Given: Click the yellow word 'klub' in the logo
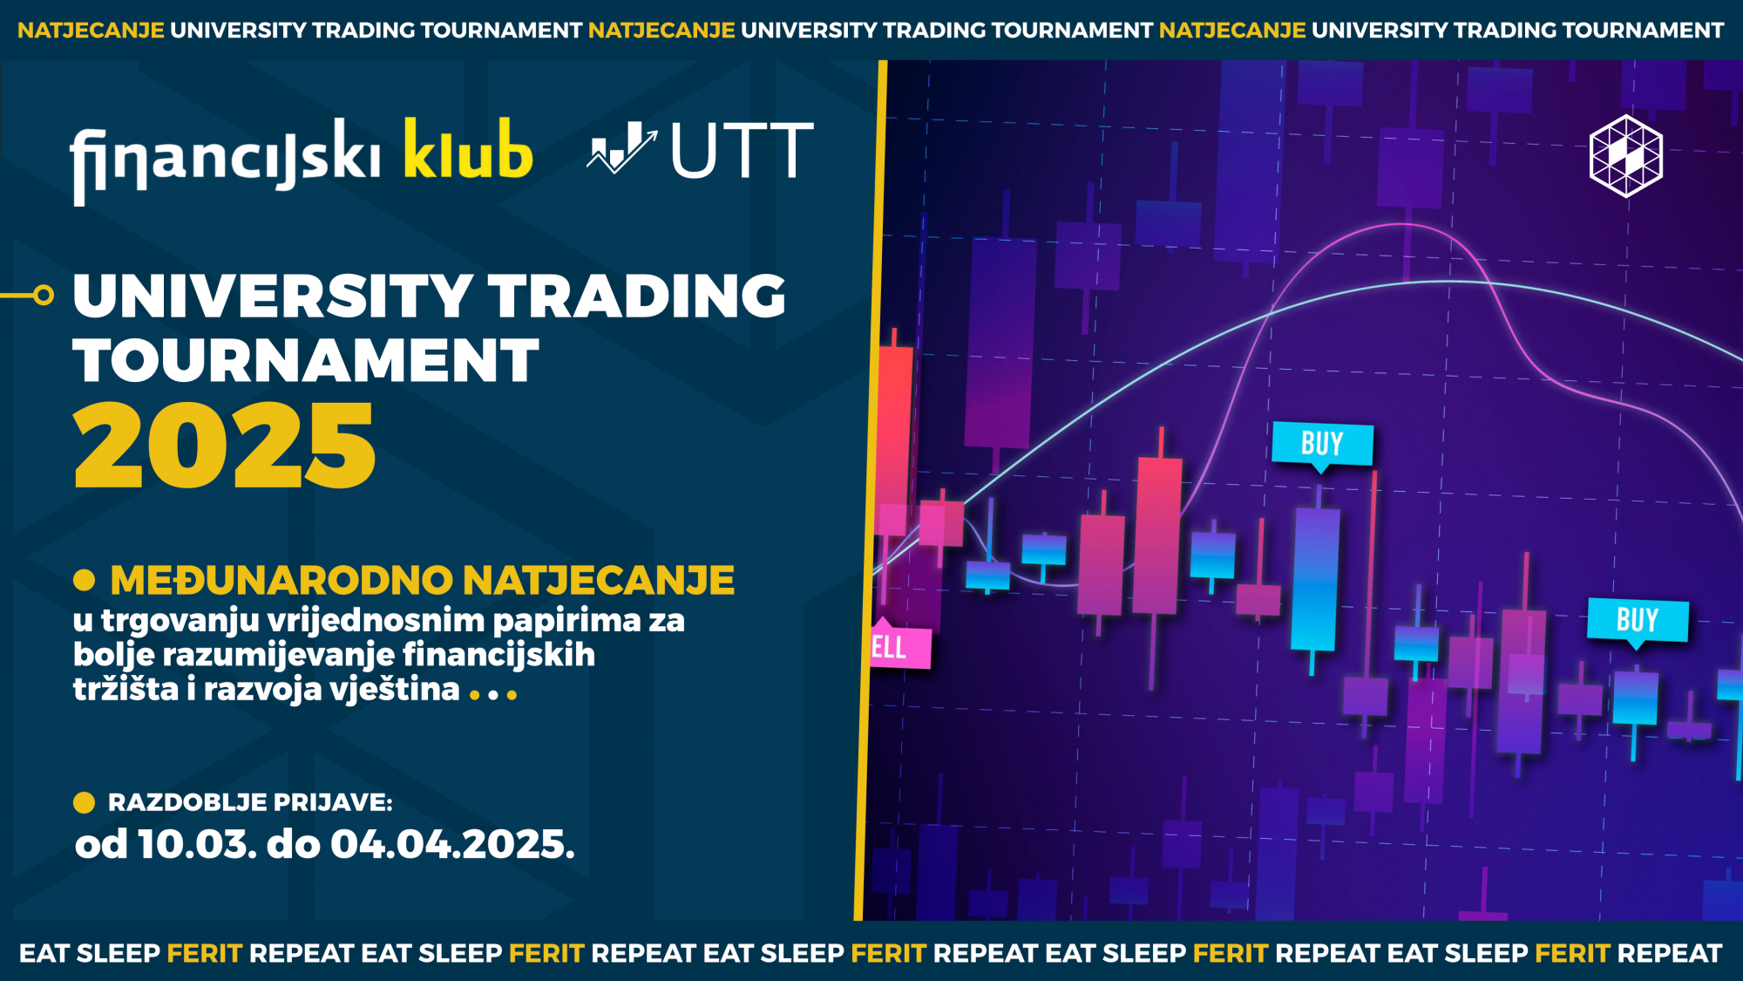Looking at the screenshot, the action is tap(468, 150).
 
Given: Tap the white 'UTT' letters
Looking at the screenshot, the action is tap(742, 151).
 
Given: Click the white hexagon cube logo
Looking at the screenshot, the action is tap(1626, 156).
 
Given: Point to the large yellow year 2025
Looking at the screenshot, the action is tap(224, 446).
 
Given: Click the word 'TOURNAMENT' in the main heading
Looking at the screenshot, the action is tap(306, 360).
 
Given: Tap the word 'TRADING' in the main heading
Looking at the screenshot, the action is tap(636, 296).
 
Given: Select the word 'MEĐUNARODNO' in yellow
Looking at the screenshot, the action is tap(281, 580).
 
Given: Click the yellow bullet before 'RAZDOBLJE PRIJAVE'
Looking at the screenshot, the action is tap(85, 802).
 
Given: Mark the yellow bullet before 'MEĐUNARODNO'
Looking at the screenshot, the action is tap(85, 580).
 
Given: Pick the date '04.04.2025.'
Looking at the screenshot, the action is tap(452, 844).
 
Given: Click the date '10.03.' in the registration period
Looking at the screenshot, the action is tap(197, 844).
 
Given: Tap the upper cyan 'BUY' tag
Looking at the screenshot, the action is tap(1322, 444).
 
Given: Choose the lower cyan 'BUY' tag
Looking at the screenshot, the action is tap(1638, 620).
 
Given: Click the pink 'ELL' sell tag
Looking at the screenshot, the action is tap(900, 645).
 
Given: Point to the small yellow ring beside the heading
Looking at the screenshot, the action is tap(44, 296).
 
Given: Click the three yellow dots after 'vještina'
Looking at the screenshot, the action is tap(493, 695).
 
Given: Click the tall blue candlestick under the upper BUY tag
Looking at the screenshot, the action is tap(1316, 578).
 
